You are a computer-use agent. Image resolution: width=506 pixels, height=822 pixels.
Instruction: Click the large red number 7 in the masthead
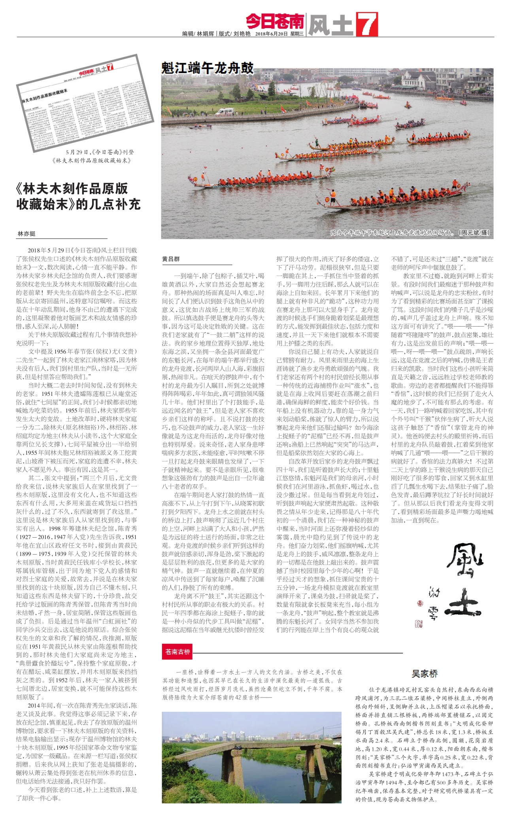click(x=366, y=24)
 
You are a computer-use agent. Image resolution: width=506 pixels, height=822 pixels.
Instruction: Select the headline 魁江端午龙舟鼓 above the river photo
click(x=207, y=68)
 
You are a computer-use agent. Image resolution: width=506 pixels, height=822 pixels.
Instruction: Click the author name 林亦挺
click(x=26, y=234)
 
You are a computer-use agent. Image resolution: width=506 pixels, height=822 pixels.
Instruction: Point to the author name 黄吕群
click(x=171, y=259)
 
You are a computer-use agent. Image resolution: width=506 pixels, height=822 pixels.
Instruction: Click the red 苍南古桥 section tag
click(x=178, y=652)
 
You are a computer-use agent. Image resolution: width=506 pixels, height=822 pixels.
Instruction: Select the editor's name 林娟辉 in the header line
click(x=206, y=34)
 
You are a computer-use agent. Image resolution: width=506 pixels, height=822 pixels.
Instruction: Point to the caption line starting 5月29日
click(x=100, y=152)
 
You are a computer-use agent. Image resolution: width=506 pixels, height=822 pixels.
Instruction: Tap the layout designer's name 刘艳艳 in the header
click(x=242, y=34)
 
